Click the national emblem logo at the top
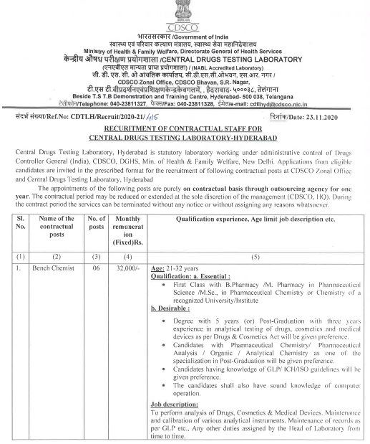184,13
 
